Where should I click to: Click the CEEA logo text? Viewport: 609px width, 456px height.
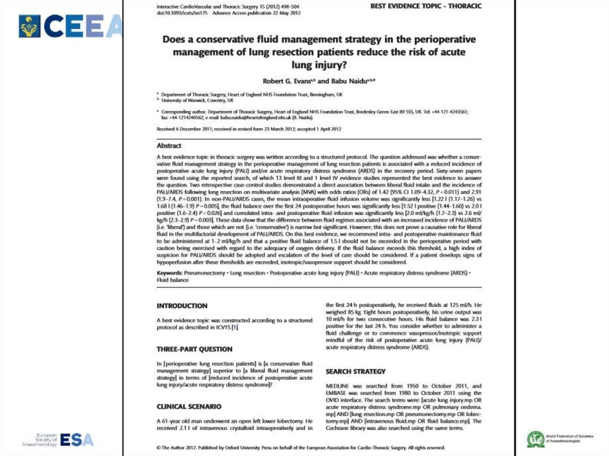[83, 27]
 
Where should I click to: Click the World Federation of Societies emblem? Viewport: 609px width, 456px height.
[536, 439]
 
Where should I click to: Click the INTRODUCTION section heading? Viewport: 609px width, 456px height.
[181, 306]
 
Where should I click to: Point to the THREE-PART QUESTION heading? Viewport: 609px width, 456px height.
[194, 349]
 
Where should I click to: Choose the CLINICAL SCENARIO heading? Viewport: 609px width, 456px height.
[189, 407]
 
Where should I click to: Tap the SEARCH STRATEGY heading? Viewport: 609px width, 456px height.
[356, 372]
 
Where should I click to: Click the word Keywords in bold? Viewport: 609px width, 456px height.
[169, 272]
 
